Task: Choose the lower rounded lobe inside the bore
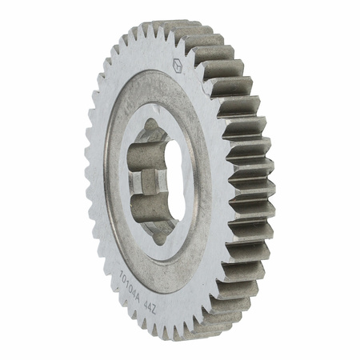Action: pos(147,216)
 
